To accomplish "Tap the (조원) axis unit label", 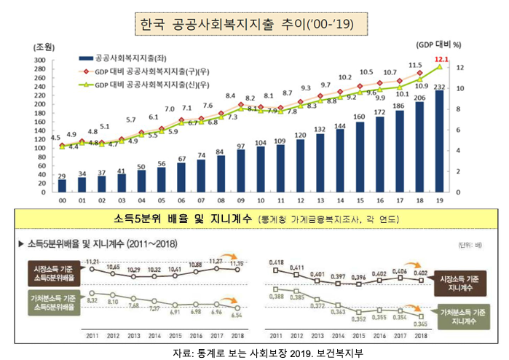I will [x=36, y=46].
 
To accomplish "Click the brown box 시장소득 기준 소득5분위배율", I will [x=55, y=274].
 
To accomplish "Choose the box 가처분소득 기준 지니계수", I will [x=459, y=315].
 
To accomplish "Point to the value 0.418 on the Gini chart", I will [x=276, y=262].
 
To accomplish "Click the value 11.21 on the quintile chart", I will [x=91, y=260].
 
